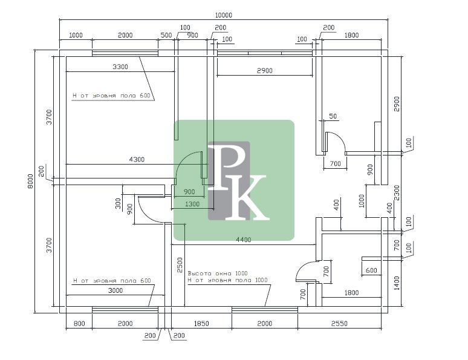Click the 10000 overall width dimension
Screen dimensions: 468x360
click(223, 15)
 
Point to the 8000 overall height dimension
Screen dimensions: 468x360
click(30, 181)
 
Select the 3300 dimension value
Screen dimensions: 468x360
click(120, 67)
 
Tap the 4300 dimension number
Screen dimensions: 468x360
click(137, 159)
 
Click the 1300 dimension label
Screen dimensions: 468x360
click(192, 204)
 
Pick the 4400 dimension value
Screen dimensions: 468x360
click(244, 240)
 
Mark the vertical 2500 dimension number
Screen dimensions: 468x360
click(180, 265)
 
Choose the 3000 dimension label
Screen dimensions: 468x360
click(115, 290)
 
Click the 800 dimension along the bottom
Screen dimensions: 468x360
click(79, 323)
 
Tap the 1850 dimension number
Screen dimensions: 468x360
click(201, 323)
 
